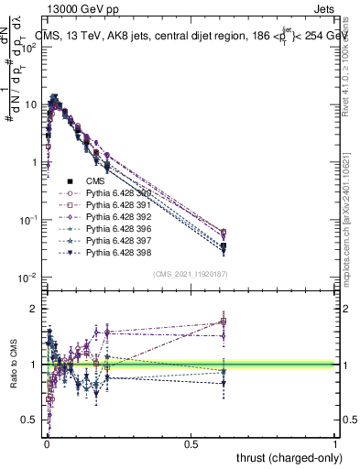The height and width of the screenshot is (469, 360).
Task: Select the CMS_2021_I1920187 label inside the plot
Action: [191, 273]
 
